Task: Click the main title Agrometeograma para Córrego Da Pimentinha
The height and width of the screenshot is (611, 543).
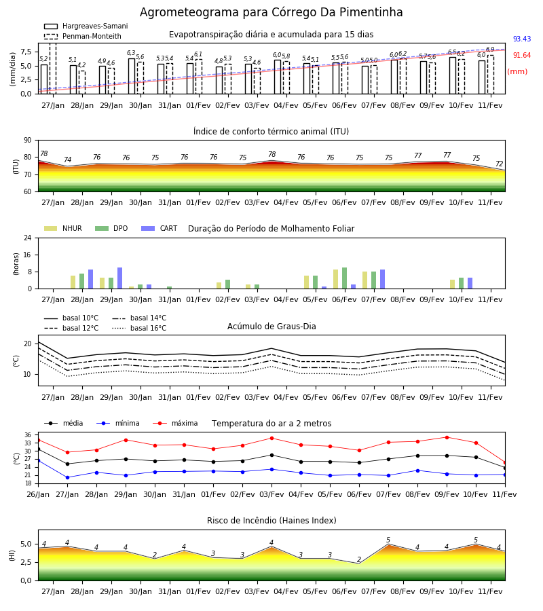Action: [x=271, y=12]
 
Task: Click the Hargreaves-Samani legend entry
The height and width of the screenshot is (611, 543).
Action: [x=86, y=26]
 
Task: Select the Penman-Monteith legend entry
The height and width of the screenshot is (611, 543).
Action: [x=83, y=36]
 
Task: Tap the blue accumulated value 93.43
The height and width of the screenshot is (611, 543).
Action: [x=522, y=39]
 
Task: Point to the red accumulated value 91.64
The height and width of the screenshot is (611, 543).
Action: [x=522, y=56]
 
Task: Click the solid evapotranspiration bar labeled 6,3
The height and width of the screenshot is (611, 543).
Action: [x=132, y=76]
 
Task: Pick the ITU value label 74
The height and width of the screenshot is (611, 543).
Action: [x=68, y=160]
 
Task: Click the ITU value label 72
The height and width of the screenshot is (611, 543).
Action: [x=500, y=164]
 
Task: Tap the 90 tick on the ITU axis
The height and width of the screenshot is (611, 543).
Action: [x=28, y=141]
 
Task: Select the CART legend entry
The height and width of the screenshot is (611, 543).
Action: [x=160, y=228]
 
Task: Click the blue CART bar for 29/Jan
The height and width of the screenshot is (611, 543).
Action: [x=119, y=278]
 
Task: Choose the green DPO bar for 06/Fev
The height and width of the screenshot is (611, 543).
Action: [x=344, y=278]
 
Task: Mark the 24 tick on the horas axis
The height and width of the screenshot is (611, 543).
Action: [x=28, y=238]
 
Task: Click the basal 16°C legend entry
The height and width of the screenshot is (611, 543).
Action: [x=139, y=328]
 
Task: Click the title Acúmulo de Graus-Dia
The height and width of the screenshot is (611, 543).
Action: [x=271, y=327]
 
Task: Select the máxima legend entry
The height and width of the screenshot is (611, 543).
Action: [x=175, y=423]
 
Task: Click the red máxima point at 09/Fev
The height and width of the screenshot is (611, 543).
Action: [x=447, y=438]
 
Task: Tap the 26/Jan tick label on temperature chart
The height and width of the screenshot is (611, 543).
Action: [x=38, y=494]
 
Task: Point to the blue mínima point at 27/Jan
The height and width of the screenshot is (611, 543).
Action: [x=67, y=478]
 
